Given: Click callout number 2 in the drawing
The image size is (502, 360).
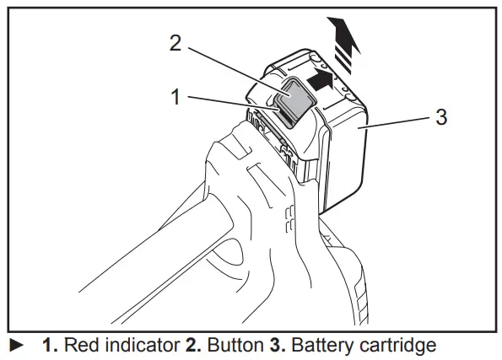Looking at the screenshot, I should [x=175, y=43].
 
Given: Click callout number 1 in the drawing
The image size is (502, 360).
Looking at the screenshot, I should [x=175, y=98].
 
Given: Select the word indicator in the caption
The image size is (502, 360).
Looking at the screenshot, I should [x=138, y=346].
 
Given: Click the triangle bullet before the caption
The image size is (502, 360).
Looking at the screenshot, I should [x=13, y=346].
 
